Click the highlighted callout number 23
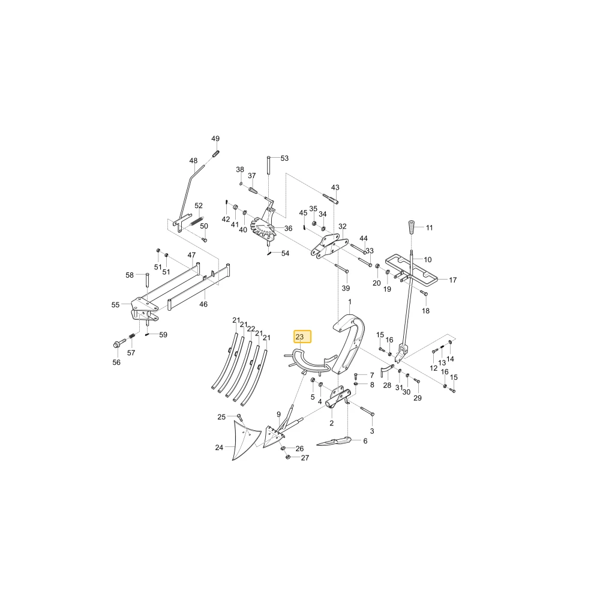(x=299, y=337)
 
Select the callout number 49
(x=215, y=139)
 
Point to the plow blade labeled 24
(x=245, y=439)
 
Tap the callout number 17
(x=452, y=280)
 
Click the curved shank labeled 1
(x=349, y=343)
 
